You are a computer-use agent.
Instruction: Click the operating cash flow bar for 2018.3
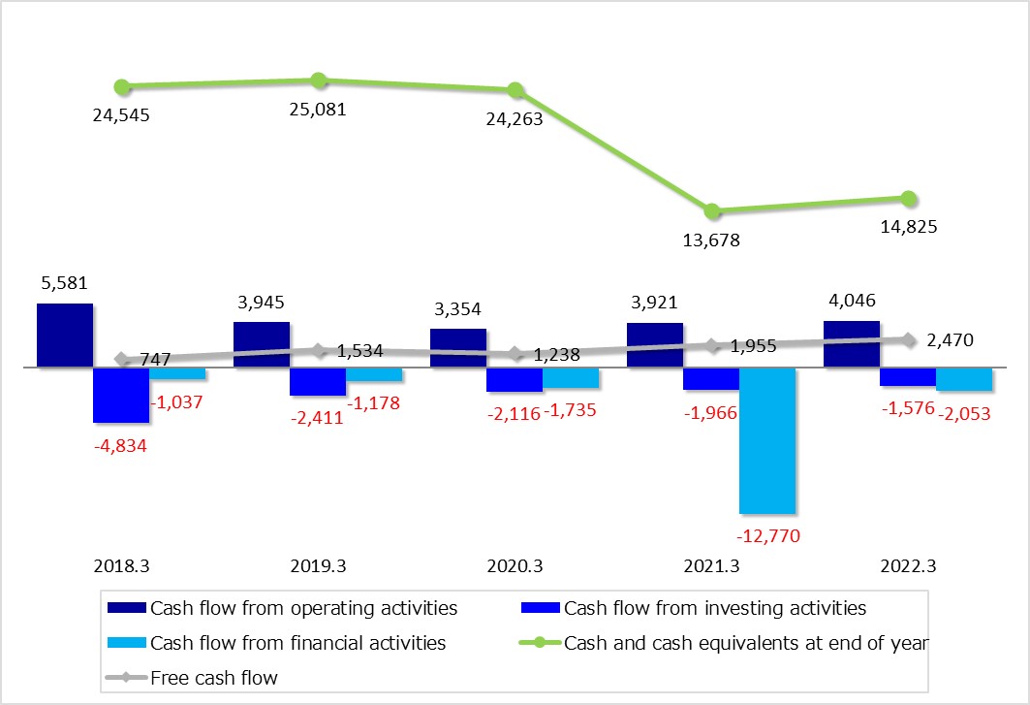(x=65, y=336)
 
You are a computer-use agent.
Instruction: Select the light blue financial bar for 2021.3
(x=767, y=440)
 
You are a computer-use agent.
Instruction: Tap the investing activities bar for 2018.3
(x=121, y=395)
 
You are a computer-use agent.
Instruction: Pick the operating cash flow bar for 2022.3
(x=852, y=344)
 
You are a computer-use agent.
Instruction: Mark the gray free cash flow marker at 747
(x=122, y=359)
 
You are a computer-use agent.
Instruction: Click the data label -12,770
(x=767, y=535)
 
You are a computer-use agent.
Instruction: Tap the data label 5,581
(x=65, y=285)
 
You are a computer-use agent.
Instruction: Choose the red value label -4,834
(x=121, y=446)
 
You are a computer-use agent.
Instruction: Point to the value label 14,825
(x=908, y=227)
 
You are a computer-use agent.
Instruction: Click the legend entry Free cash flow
(x=213, y=678)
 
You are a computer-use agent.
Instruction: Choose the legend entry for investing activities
(x=714, y=609)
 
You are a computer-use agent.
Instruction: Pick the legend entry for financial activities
(x=297, y=643)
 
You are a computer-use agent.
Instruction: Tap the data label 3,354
(x=458, y=309)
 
